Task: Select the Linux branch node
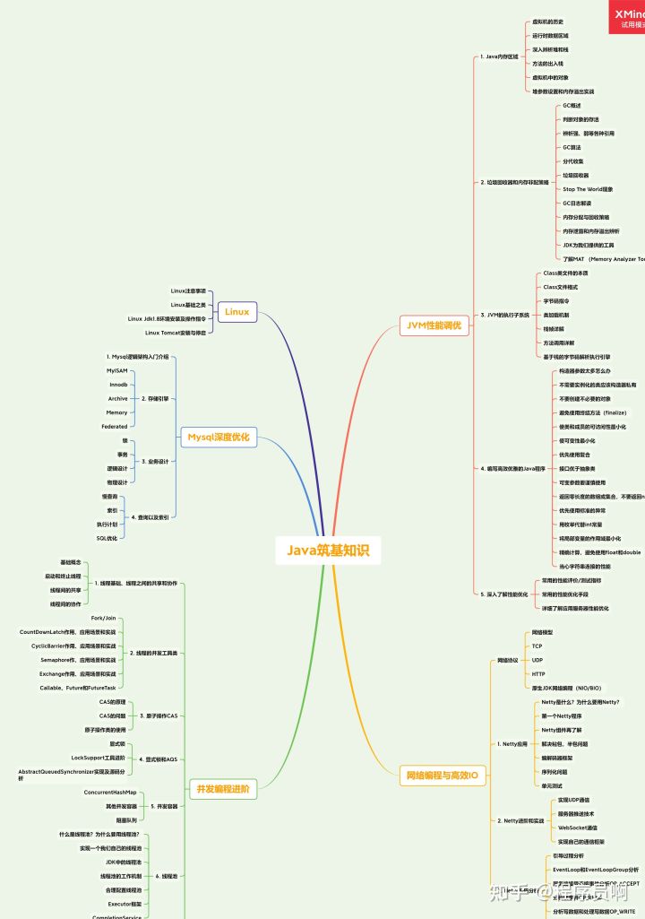coord(236,312)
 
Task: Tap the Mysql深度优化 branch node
coord(218,438)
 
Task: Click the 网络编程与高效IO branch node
coord(443,775)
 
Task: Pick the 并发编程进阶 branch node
coord(222,789)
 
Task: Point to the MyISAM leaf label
coord(116,369)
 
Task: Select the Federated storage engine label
coord(115,426)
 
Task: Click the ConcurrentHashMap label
coord(110,793)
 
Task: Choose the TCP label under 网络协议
coord(537,646)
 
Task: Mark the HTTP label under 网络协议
coord(537,673)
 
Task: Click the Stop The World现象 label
coord(588,189)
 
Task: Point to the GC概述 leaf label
coord(572,105)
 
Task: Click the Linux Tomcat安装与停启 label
coord(176,333)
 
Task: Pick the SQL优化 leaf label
coord(107,538)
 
